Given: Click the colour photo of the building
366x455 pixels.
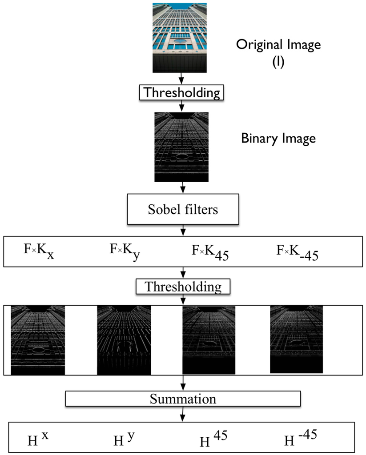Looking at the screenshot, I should point(181,37).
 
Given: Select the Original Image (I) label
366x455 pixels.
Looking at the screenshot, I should point(278,51).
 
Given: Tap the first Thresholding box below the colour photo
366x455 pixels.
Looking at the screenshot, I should point(181,93).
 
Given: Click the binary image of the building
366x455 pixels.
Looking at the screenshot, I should point(181,147).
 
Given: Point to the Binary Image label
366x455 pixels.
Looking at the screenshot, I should point(278,138).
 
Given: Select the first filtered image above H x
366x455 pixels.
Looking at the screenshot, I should point(38,340).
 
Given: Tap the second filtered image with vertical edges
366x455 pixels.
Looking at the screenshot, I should point(124,340).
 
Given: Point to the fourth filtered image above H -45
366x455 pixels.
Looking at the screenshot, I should point(297,339).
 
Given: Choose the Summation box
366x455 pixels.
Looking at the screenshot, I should point(183,398).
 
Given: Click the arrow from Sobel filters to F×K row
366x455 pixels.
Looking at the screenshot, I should point(183,231).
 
